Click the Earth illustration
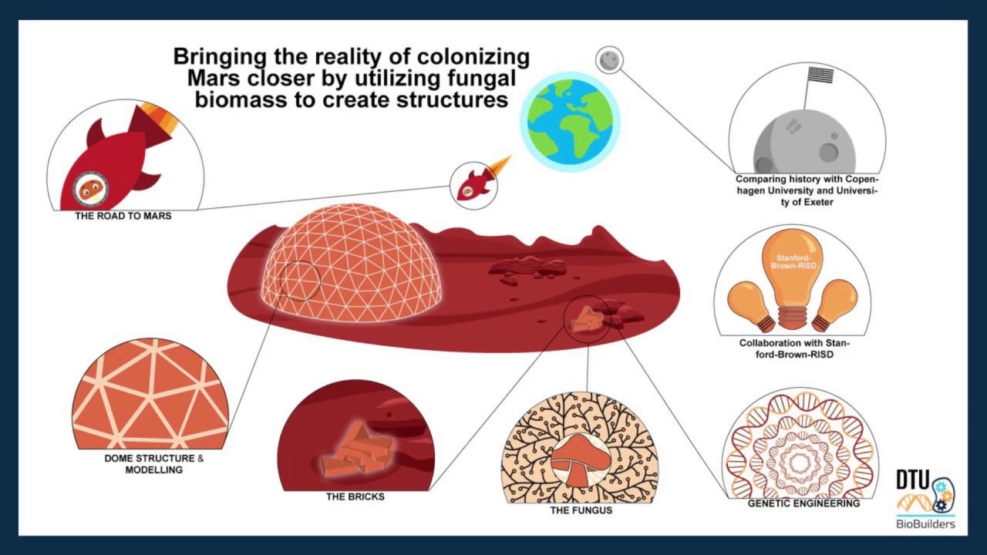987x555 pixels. (570, 121)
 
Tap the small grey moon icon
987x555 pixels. (609, 60)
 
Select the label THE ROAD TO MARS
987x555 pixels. (123, 216)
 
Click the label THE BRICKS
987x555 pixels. (355, 496)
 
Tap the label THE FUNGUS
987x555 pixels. (581, 510)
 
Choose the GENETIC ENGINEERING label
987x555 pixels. (803, 503)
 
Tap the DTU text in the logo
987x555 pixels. (912, 479)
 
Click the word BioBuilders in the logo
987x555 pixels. (926, 524)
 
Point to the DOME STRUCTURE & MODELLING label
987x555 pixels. (154, 464)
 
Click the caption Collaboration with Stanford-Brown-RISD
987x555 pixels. (794, 348)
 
